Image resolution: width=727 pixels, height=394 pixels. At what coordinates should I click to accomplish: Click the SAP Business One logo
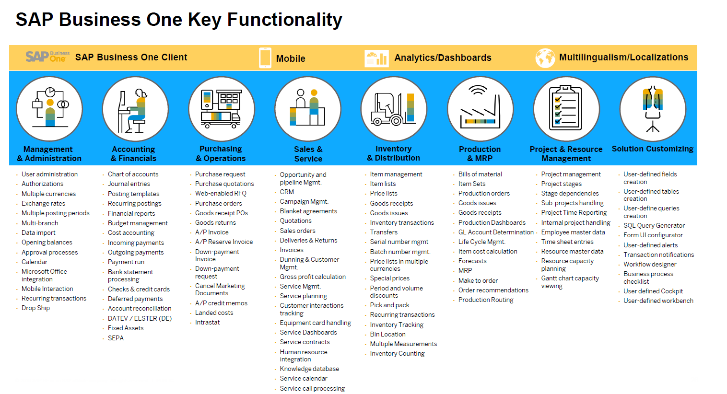pyautogui.click(x=47, y=57)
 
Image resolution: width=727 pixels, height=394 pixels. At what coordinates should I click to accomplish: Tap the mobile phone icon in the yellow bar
pyautogui.click(x=265, y=58)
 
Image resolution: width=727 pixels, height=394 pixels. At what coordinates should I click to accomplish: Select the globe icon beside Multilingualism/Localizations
pyautogui.click(x=545, y=58)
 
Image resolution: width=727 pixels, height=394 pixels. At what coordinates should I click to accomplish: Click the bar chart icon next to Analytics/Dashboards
pyautogui.click(x=376, y=58)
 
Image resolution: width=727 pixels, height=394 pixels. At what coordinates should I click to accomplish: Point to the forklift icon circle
pyautogui.click(x=394, y=109)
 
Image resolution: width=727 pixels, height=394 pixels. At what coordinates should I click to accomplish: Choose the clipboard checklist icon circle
pyautogui.click(x=566, y=109)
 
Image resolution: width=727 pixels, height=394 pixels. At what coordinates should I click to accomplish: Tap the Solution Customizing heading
pyautogui.click(x=653, y=149)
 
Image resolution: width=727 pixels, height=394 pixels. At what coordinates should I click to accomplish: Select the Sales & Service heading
pyautogui.click(x=308, y=154)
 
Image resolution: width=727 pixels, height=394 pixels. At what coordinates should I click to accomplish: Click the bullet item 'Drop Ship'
pyautogui.click(x=35, y=308)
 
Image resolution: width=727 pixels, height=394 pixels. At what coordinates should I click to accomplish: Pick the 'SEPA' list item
pyautogui.click(x=116, y=338)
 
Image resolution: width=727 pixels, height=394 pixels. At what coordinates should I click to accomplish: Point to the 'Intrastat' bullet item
pyautogui.click(x=207, y=322)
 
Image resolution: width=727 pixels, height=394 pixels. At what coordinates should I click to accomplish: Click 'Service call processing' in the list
pyautogui.click(x=312, y=388)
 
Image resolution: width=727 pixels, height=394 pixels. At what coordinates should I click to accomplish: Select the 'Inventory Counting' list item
pyautogui.click(x=397, y=353)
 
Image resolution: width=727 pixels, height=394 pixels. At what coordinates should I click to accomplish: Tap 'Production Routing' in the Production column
pyautogui.click(x=486, y=300)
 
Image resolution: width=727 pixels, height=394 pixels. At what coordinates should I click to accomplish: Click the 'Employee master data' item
pyautogui.click(x=573, y=232)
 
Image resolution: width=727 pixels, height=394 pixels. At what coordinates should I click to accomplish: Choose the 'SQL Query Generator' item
pyautogui.click(x=654, y=225)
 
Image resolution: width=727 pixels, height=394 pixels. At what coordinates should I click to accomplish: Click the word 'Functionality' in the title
pyautogui.click(x=285, y=20)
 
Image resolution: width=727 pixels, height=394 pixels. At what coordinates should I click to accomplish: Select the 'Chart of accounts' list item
pyautogui.click(x=133, y=174)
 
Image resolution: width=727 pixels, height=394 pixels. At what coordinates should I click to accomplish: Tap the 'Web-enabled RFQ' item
pyautogui.click(x=221, y=193)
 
